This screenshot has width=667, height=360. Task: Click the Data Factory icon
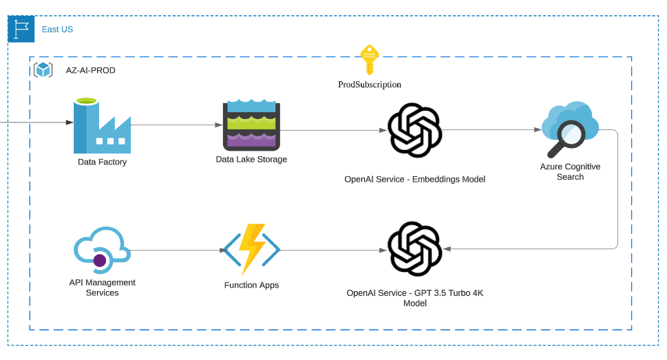[101, 127]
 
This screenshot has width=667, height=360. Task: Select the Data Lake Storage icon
[251, 125]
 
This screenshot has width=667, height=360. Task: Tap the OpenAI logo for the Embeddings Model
[414, 130]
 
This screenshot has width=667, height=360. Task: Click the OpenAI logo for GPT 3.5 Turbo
[414, 248]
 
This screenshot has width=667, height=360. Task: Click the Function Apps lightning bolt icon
[251, 249]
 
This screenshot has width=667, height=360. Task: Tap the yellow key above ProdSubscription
[369, 60]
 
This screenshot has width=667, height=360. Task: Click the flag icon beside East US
[21, 30]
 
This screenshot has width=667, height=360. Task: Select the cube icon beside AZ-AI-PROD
[43, 70]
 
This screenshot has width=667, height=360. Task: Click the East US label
[57, 30]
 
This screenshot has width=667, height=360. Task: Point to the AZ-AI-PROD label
[90, 70]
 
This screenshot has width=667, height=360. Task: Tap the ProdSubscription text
[369, 85]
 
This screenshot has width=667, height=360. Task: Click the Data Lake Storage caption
[251, 160]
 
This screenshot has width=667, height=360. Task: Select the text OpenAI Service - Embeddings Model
[414, 179]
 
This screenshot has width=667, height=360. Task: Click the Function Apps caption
[251, 285]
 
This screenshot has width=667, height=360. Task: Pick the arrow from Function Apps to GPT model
[330, 250]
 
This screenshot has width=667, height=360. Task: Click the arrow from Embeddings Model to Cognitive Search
[489, 129]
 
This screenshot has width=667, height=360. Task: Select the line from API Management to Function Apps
[176, 250]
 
